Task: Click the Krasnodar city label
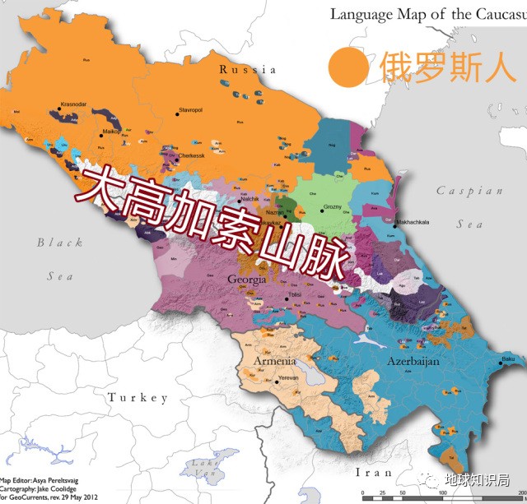pyautogui.click(x=73, y=104)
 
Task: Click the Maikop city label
pyautogui.click(x=112, y=131)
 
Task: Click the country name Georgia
pyautogui.click(x=247, y=280)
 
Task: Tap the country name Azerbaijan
pyautogui.click(x=412, y=361)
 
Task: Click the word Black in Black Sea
pyautogui.click(x=59, y=243)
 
